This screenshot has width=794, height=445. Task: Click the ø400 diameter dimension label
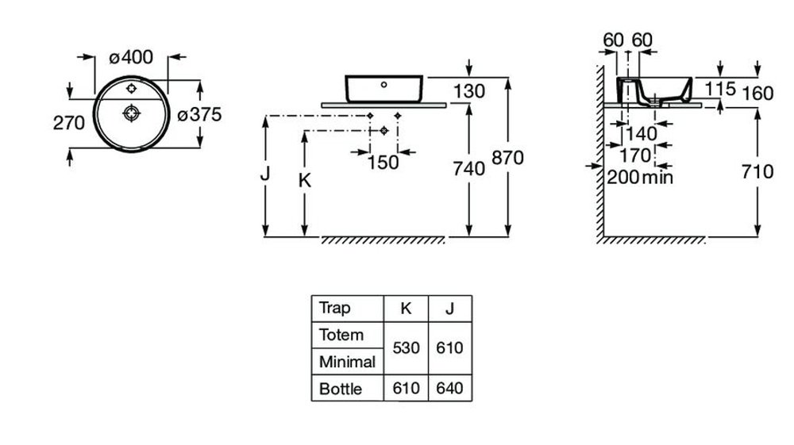pos(131,57)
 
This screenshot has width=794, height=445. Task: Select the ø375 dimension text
pos(199,115)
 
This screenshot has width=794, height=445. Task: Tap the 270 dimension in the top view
pos(69,123)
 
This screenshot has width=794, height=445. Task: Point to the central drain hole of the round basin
pos(131,113)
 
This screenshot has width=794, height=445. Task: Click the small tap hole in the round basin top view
pos(131,89)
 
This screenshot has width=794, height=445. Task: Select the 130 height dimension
pos(469,91)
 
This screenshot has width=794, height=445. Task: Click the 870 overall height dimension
pos(507,158)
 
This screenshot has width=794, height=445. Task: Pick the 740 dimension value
pos(469,168)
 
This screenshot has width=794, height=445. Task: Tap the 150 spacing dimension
pos(383,163)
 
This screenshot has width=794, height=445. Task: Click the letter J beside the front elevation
pos(265,174)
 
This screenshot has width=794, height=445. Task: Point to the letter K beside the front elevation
pos(304,180)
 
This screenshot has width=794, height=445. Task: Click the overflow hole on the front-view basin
pos(384,85)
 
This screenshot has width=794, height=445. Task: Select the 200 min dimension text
pos(640,177)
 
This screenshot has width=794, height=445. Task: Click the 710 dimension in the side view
pos(757,172)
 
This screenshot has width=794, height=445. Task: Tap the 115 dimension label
pos(720,89)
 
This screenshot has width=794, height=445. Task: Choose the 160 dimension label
pos(757,93)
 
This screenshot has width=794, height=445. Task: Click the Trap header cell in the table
pos(335,308)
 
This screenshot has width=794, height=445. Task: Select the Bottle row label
pos(341,389)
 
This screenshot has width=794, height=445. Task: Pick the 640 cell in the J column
pos(449,389)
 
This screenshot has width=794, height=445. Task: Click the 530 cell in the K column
pos(406,348)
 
